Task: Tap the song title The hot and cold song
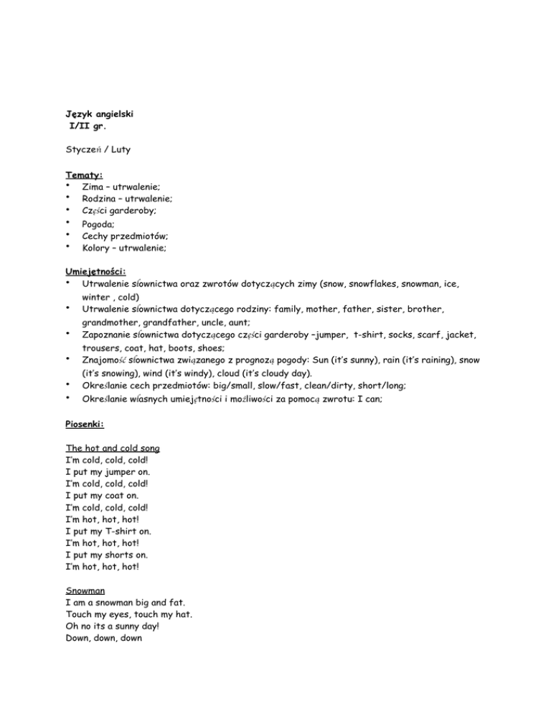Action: click(x=116, y=447)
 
